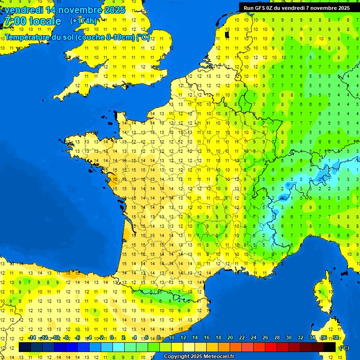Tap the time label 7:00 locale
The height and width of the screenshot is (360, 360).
[32, 21]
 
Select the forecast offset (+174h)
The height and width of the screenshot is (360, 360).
[83, 21]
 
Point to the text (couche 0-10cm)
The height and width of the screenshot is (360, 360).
[105, 37]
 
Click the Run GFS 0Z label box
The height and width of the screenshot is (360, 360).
[297, 7]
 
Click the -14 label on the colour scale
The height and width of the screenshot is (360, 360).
[32, 338]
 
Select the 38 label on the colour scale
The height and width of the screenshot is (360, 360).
[336, 338]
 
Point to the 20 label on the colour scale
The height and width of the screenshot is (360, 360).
[230, 338]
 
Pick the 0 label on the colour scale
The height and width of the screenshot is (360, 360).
[112, 338]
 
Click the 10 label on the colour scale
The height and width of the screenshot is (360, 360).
[172, 338]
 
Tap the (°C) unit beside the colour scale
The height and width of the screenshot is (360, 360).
[345, 348]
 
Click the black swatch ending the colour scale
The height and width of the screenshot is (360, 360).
[330, 347]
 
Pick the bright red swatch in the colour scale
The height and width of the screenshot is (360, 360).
[271, 347]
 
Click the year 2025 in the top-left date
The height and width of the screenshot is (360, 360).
[114, 10]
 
